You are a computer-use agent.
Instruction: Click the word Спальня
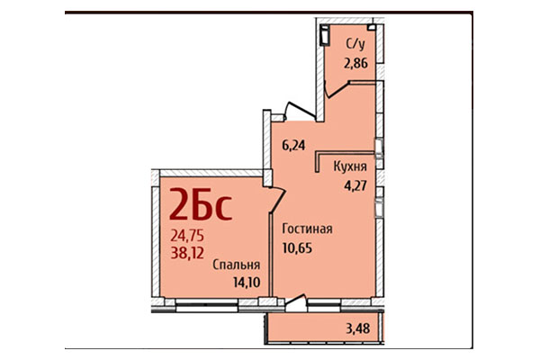(237, 265)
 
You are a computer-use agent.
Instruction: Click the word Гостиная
(306, 229)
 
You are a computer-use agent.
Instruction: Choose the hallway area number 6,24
(293, 143)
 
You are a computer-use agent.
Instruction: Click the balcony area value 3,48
(357, 327)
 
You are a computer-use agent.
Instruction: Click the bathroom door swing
(338, 88)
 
